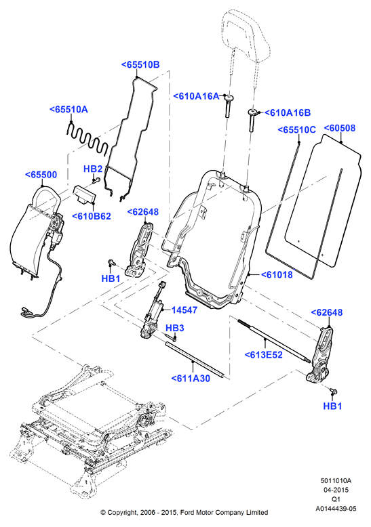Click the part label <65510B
(140, 65)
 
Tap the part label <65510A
(69, 109)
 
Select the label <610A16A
(196, 96)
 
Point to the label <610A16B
(288, 112)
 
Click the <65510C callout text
(297, 129)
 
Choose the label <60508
(340, 128)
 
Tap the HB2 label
(93, 169)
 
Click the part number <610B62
(92, 216)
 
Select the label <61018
(277, 274)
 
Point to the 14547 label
(184, 310)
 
